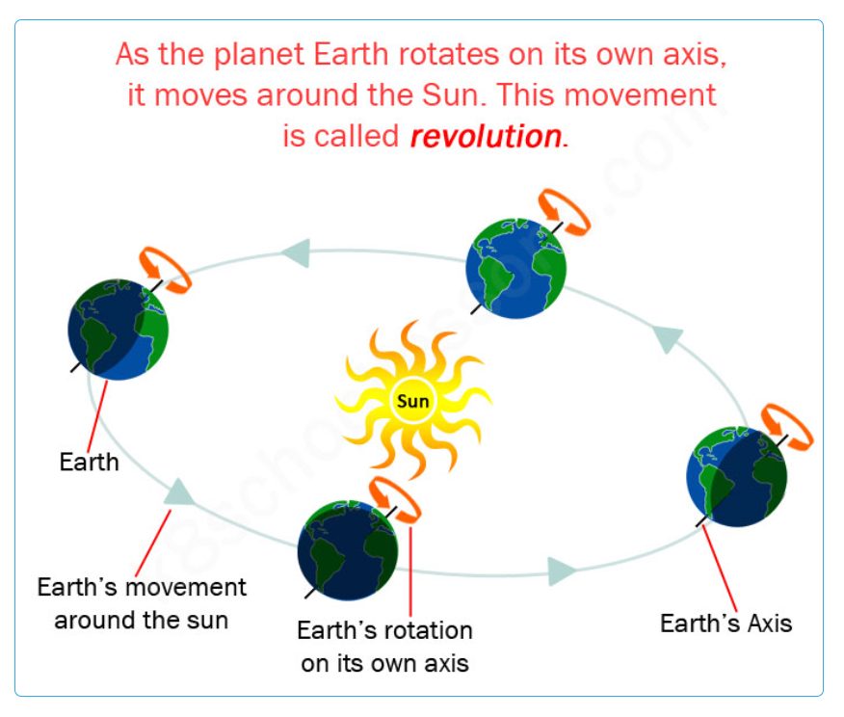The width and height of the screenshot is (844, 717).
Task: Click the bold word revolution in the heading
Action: point(486,136)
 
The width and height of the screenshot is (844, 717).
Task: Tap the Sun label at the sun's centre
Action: point(413,401)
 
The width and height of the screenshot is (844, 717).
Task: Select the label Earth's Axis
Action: point(726,624)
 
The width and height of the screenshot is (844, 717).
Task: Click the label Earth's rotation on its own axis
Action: point(384,647)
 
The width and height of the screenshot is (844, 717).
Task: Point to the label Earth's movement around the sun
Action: point(142,603)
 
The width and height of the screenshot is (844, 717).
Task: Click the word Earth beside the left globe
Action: point(89,462)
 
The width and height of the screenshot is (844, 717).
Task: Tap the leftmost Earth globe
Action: point(118,330)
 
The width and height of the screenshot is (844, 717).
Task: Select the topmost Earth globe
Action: point(515,268)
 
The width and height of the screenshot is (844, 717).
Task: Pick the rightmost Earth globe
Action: point(737,476)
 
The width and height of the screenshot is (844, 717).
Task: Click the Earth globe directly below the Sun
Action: point(348,550)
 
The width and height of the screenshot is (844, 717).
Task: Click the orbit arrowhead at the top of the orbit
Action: point(296,252)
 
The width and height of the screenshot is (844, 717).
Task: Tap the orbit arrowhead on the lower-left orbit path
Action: point(179,492)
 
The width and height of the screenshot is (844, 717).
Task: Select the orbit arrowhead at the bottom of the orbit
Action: point(562,571)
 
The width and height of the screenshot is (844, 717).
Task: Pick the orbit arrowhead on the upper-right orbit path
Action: point(668,338)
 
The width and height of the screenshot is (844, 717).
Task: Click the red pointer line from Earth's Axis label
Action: point(720,569)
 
